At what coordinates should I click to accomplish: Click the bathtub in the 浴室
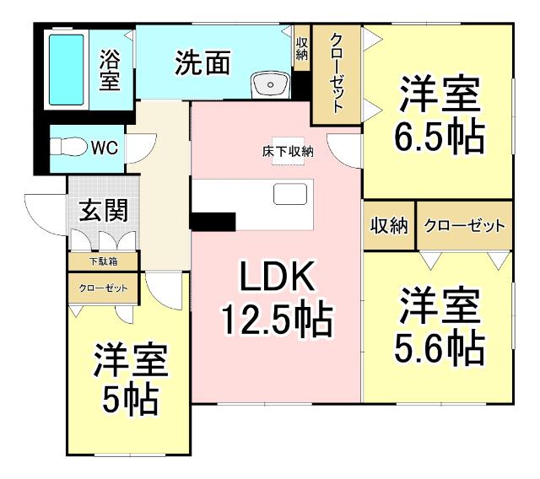click(x=66, y=68)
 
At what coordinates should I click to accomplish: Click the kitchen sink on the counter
click(x=290, y=195)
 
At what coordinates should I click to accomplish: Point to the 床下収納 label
click(x=287, y=153)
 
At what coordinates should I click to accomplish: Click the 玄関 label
click(x=104, y=211)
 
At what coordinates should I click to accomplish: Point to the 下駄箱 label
click(x=104, y=261)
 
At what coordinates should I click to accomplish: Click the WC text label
click(x=104, y=148)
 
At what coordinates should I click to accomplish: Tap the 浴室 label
click(x=111, y=70)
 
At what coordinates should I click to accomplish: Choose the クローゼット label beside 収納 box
click(x=464, y=226)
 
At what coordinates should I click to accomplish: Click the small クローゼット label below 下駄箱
click(x=104, y=288)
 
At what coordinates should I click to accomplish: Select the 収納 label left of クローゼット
click(x=389, y=226)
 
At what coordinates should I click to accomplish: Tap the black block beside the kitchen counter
click(x=212, y=221)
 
